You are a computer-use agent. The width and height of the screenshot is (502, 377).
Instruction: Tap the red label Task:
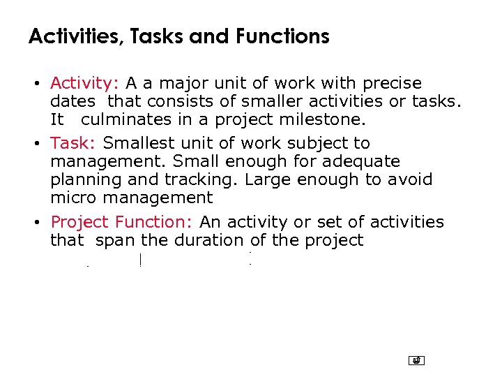(x=73, y=143)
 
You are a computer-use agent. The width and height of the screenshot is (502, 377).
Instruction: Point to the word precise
(x=390, y=83)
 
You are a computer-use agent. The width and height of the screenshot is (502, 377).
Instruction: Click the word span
(x=116, y=240)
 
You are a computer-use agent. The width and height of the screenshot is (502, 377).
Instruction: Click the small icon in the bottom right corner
(x=416, y=360)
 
